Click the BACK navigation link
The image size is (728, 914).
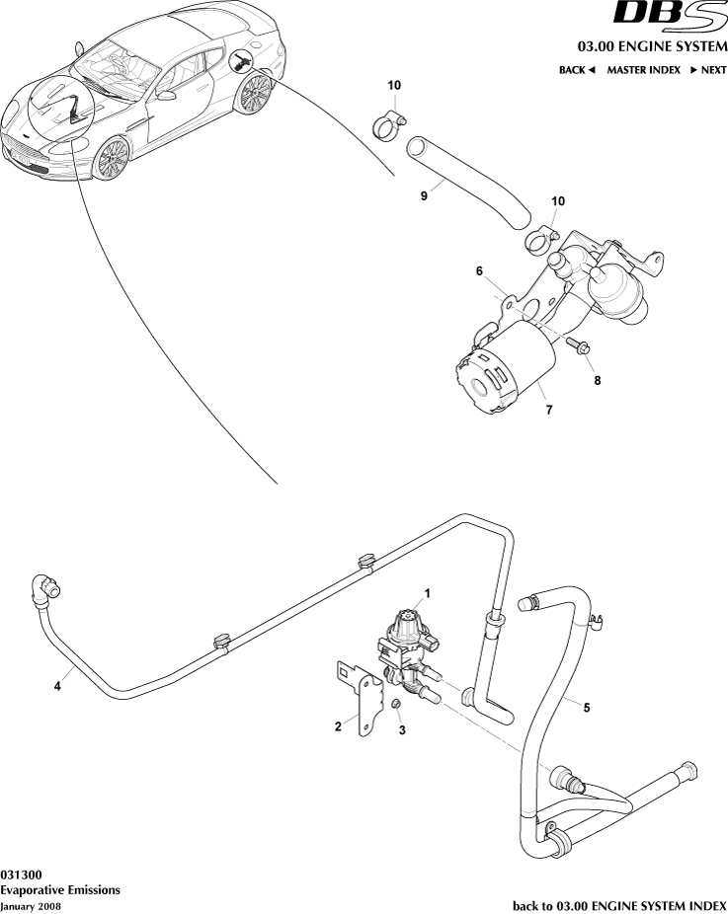[x=577, y=70]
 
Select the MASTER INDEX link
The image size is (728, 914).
[x=643, y=70]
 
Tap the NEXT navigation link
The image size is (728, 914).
[x=708, y=70]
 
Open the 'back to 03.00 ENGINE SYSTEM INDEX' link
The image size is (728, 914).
[x=619, y=904]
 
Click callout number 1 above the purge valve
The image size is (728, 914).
[x=428, y=593]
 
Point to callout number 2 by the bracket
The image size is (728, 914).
[x=338, y=726]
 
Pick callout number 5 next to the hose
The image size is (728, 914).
[x=587, y=707]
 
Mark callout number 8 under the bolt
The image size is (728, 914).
[x=596, y=378]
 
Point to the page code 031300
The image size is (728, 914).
[x=21, y=875]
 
